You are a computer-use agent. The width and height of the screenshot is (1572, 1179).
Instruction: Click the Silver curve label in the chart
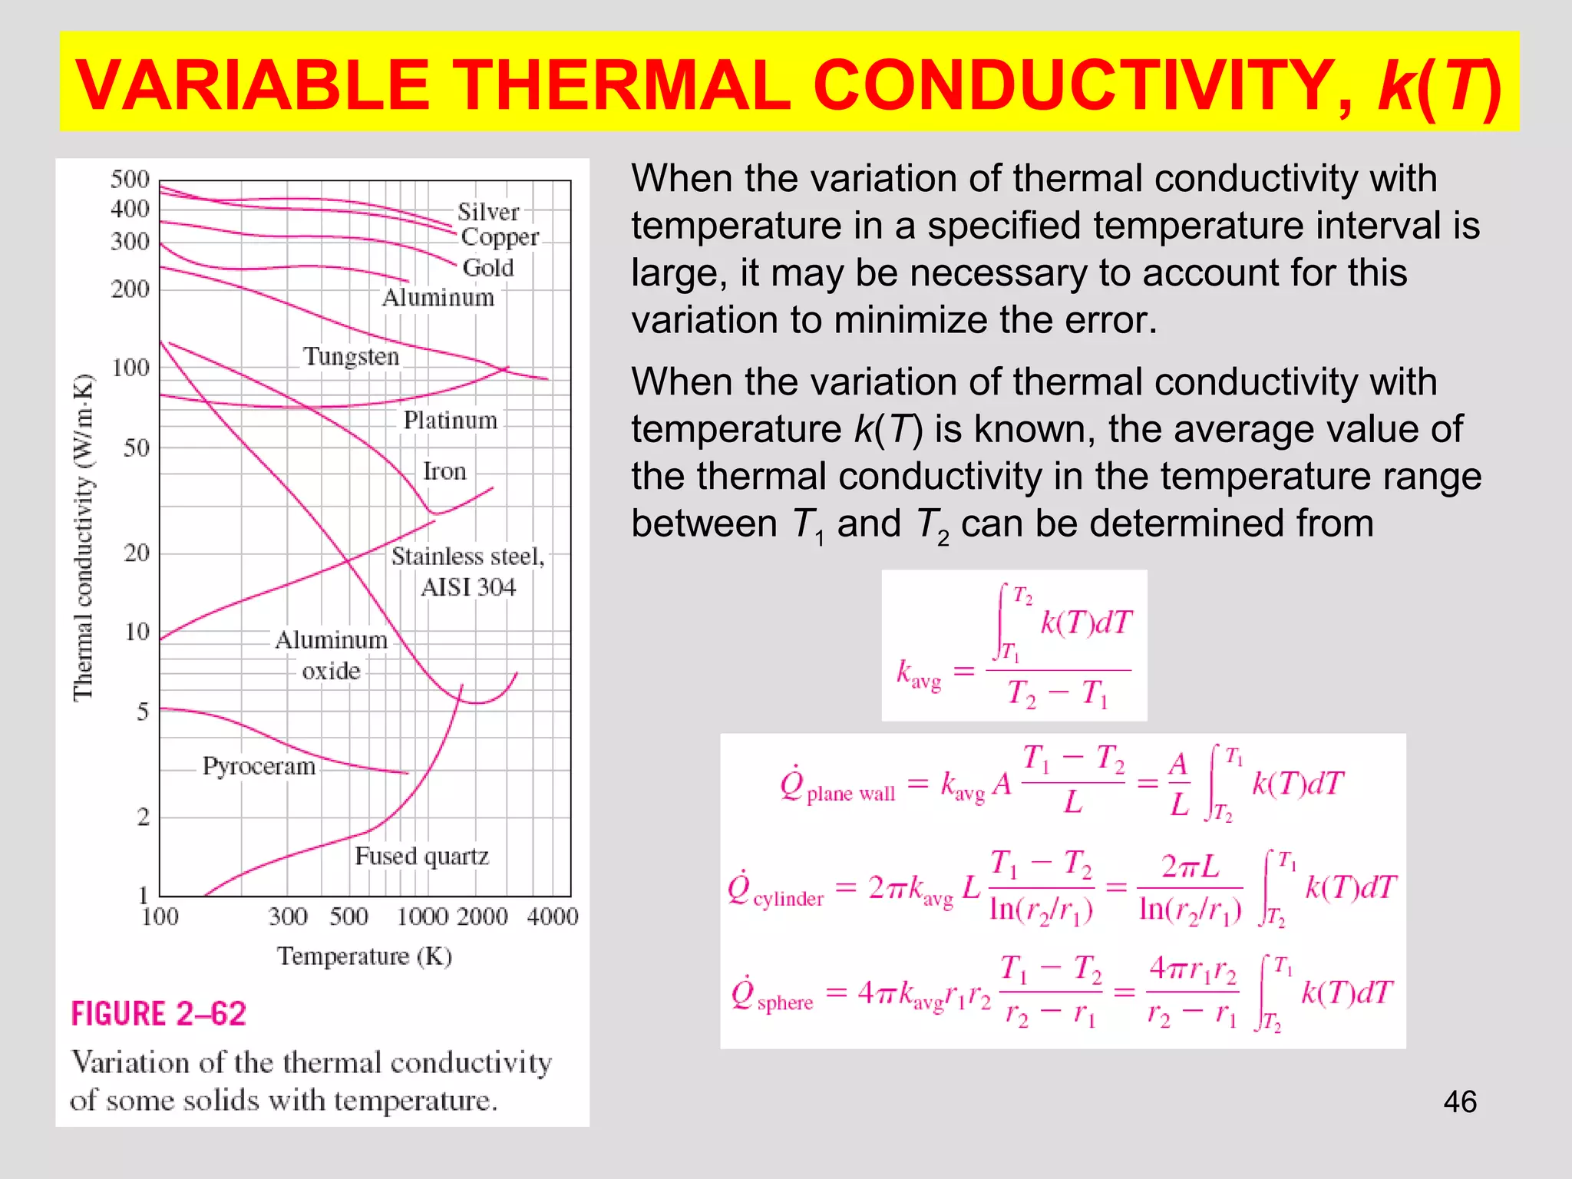tap(488, 212)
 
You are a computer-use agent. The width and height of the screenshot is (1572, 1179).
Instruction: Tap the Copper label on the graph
tap(500, 238)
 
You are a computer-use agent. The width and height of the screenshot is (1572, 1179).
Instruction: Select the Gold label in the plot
tap(488, 268)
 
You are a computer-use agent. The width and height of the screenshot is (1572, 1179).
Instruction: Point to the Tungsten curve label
tap(351, 357)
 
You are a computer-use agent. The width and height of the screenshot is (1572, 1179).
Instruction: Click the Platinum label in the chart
tap(451, 421)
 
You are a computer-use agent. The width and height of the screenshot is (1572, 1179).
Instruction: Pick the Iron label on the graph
tap(444, 471)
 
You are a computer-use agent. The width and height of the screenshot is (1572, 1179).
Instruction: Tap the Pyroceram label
tap(259, 766)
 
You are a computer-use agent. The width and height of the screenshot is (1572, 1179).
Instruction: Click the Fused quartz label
tap(421, 856)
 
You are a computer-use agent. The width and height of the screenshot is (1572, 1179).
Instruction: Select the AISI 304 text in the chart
tap(468, 588)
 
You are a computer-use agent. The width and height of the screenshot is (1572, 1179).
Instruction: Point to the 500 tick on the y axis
tap(130, 180)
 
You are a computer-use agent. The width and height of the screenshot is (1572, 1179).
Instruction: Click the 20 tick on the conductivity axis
tap(137, 553)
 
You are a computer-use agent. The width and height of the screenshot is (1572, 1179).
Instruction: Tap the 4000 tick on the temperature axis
tap(553, 916)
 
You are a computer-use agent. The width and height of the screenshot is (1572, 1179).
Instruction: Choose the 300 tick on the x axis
tap(288, 916)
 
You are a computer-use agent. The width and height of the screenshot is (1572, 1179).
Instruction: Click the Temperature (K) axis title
tap(365, 956)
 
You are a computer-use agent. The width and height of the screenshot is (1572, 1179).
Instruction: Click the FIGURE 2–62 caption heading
tap(159, 1014)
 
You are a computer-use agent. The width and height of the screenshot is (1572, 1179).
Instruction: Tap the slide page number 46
tap(1459, 1101)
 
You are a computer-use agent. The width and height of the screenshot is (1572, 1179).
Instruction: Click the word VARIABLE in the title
tap(253, 84)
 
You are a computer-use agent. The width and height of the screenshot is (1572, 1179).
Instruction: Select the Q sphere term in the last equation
tap(772, 996)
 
